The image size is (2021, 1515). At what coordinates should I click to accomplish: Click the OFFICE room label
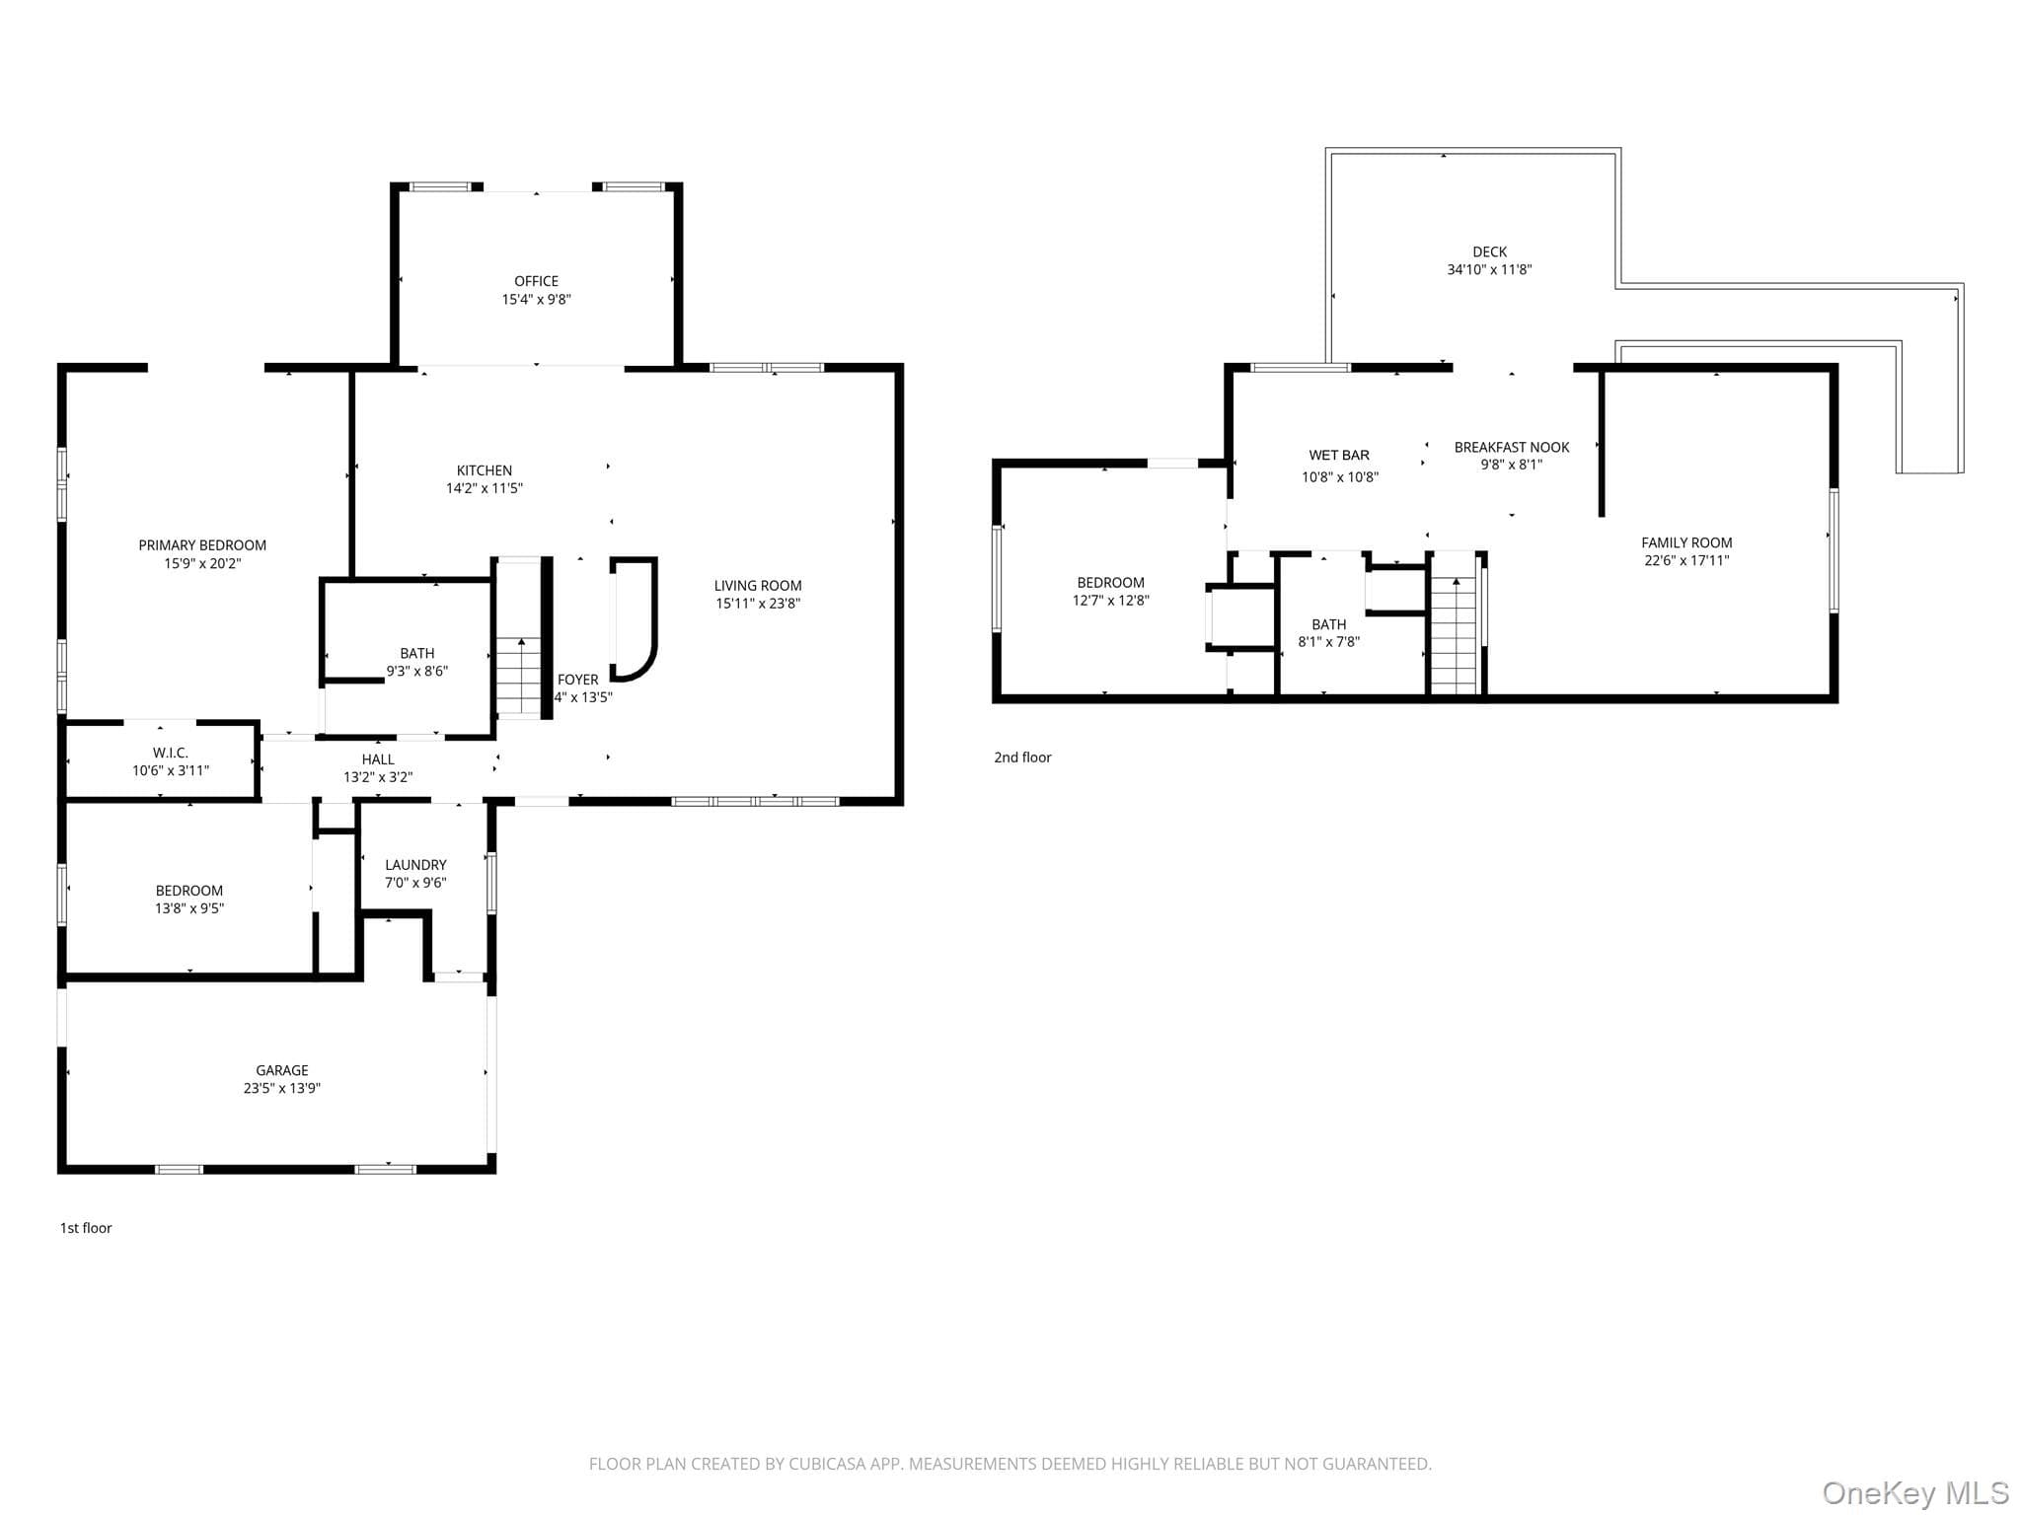536,281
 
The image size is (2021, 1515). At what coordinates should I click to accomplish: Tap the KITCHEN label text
485,470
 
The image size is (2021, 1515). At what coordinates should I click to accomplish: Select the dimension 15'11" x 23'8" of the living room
758,604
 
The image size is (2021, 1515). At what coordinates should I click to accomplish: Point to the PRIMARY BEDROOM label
202,545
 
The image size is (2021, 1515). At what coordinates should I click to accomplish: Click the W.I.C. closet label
171,753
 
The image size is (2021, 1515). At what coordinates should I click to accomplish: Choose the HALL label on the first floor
378,759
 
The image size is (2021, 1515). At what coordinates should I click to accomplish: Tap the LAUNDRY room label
415,865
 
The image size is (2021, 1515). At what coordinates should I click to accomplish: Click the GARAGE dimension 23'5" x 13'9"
282,1089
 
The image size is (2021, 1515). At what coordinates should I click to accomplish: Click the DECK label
1489,252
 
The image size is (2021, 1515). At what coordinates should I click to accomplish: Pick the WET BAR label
1339,456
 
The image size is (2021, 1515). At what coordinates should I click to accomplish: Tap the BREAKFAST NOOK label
1512,448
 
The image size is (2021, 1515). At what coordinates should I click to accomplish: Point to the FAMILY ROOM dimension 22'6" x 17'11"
1686,561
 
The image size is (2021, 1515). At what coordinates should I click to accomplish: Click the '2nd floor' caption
1022,757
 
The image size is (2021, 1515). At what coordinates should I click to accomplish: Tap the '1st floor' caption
86,1228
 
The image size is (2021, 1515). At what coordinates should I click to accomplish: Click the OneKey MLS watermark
1915,1492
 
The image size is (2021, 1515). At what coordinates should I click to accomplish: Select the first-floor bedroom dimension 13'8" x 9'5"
189,909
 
